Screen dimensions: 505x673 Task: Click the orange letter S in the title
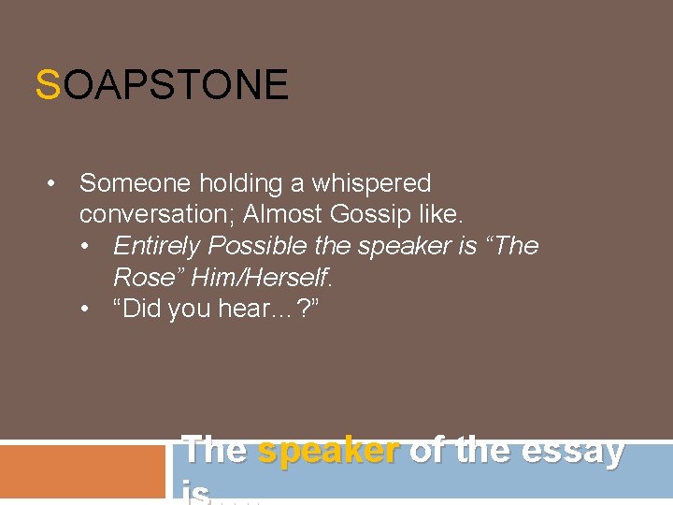(x=47, y=85)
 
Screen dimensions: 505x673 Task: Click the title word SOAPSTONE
(x=162, y=85)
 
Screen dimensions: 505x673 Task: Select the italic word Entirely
(x=156, y=246)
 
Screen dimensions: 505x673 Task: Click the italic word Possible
(x=257, y=246)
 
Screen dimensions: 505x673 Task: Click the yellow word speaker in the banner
(x=328, y=450)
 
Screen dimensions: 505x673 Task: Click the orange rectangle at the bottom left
(x=82, y=473)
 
